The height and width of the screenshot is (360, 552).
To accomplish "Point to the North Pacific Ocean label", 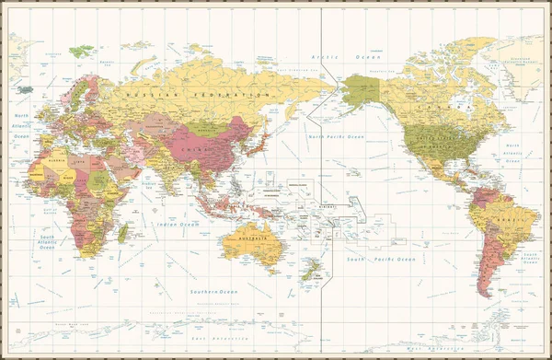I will (336, 136).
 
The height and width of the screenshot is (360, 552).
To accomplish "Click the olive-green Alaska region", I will (361, 92).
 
